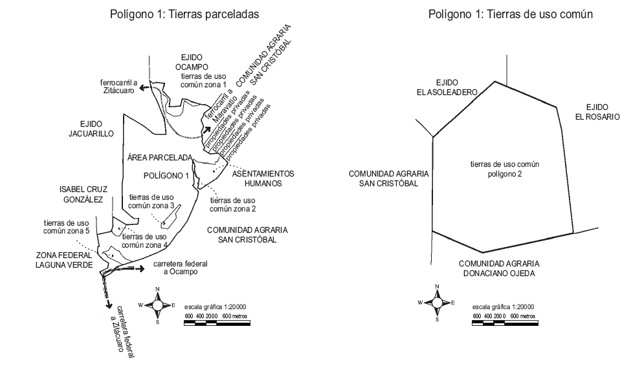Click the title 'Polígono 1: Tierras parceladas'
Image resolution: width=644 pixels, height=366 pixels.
(184, 14)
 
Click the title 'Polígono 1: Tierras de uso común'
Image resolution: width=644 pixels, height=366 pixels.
(511, 14)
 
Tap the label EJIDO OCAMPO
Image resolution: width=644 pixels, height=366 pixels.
(192, 62)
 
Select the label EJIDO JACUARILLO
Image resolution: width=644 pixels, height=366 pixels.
(91, 129)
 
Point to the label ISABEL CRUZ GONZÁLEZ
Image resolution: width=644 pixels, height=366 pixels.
(83, 195)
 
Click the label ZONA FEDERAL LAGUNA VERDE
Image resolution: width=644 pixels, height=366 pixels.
(64, 260)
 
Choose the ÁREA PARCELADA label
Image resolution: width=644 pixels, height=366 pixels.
(160, 158)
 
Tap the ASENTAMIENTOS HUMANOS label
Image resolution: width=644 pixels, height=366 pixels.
(263, 178)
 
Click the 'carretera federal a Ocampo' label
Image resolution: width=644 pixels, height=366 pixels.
(181, 268)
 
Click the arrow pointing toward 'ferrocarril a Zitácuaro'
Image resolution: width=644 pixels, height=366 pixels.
(144, 87)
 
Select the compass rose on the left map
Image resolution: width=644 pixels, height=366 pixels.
(157, 305)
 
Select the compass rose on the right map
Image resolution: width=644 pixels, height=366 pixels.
(437, 303)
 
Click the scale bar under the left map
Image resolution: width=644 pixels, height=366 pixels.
(217, 323)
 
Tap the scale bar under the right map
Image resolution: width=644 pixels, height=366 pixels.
(505, 323)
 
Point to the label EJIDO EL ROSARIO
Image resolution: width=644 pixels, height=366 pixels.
(597, 112)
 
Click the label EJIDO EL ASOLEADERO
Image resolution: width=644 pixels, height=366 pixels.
(447, 87)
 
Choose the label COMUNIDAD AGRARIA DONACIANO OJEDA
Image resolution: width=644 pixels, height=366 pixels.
(499, 268)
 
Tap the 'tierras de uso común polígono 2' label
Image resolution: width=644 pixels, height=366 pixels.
(505, 169)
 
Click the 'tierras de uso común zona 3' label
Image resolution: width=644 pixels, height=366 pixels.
(151, 201)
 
